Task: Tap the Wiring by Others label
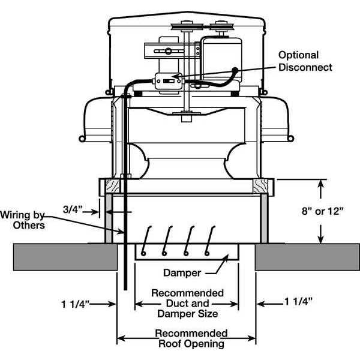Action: tap(22, 219)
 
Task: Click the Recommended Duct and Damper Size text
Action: tap(187, 303)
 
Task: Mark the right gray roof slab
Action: tap(306, 256)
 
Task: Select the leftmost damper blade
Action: tap(148, 239)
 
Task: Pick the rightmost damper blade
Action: tap(210, 239)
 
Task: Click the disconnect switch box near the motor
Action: tap(168, 80)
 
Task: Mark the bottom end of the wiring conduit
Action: tap(125, 287)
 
